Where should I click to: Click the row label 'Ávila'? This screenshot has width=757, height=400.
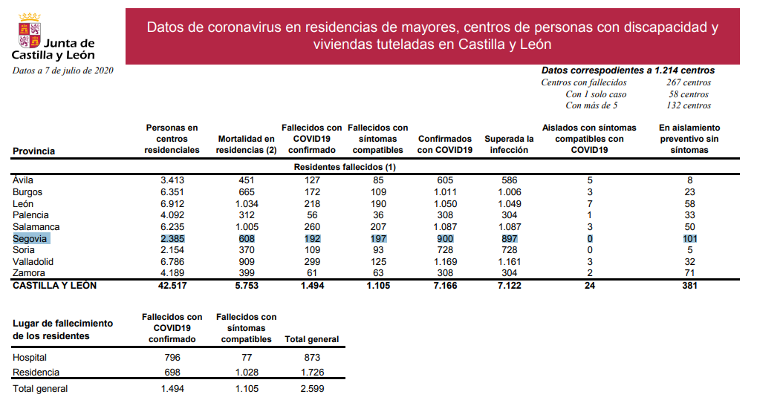(x=23, y=180)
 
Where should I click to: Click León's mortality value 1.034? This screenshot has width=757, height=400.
(x=246, y=203)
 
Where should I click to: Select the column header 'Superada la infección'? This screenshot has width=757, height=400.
(x=509, y=144)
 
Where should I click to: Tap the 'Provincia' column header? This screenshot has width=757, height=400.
(x=34, y=151)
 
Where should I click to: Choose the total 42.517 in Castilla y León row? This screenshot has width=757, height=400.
(x=172, y=285)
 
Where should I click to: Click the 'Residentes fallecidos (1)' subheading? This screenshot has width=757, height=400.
(x=345, y=168)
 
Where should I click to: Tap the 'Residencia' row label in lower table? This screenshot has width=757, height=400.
(x=36, y=372)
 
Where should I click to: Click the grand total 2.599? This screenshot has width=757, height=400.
(x=311, y=388)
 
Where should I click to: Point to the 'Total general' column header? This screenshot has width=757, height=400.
(x=311, y=339)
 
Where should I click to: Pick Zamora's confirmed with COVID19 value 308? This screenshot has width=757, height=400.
(x=445, y=274)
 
